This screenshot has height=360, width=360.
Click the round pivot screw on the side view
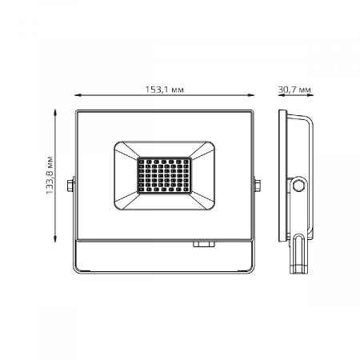300,186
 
